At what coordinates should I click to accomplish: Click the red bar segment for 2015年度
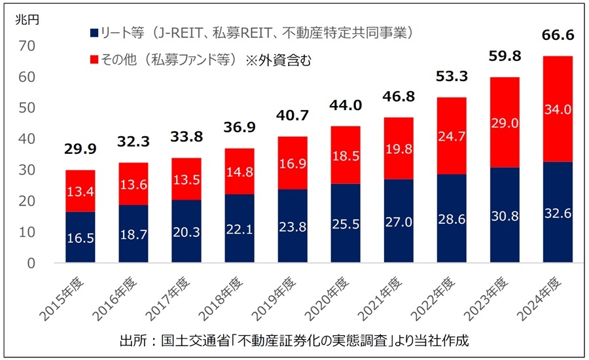[x=80, y=191]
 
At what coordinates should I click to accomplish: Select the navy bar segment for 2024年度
[x=558, y=212]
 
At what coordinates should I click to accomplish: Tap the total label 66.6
[x=558, y=35]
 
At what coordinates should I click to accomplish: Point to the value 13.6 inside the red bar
[x=134, y=185]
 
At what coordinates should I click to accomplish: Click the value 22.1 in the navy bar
[x=240, y=228]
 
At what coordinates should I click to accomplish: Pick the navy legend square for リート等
[x=94, y=33]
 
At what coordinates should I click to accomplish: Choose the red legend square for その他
[x=94, y=60]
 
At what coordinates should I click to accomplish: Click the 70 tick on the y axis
[x=27, y=46]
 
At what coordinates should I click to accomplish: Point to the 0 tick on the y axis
[x=31, y=263]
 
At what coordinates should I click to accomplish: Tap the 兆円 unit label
[x=27, y=20]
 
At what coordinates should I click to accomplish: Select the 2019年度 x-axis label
[x=274, y=299]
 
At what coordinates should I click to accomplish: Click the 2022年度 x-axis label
[x=433, y=299]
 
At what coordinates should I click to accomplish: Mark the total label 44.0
[x=346, y=105]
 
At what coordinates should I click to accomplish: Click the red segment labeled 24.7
[x=452, y=135]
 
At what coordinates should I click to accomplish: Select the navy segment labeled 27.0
[x=399, y=221]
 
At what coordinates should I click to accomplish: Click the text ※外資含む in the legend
[x=278, y=60]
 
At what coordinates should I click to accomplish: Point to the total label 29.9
[x=80, y=149]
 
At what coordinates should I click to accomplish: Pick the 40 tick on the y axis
[x=27, y=139]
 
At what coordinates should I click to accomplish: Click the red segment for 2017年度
[x=187, y=179]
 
